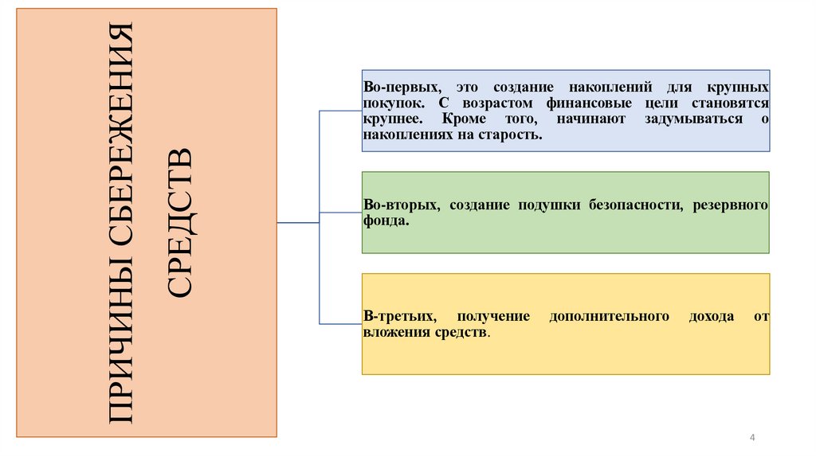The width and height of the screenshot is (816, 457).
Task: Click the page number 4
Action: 752,438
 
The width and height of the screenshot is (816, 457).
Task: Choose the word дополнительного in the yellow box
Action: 608,316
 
